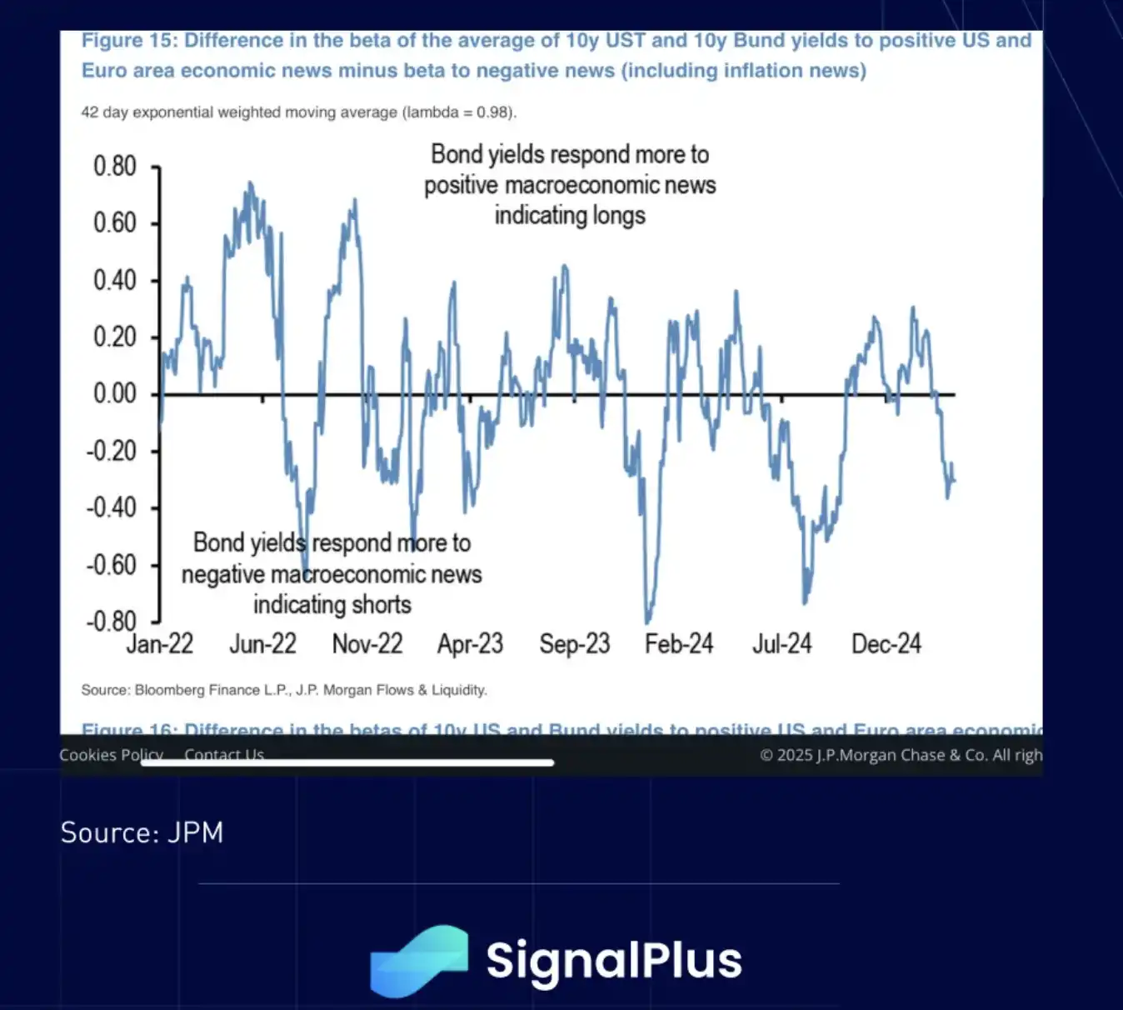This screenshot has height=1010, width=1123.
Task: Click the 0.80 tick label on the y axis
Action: (114, 167)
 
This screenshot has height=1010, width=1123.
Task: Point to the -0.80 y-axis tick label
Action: (111, 621)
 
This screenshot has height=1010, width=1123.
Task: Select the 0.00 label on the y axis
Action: (114, 393)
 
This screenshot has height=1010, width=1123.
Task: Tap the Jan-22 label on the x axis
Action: (160, 644)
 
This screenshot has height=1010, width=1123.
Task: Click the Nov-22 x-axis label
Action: (367, 644)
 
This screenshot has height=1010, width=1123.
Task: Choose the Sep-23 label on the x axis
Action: (574, 644)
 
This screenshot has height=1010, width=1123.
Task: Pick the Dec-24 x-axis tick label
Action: (886, 644)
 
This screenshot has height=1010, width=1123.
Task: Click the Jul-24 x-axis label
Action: (781, 644)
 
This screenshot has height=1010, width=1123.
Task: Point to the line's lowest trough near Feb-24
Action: (647, 622)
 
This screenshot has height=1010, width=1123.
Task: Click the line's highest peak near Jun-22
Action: (250, 183)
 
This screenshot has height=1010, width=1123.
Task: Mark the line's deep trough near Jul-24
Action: (805, 602)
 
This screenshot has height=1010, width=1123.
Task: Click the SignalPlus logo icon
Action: (419, 961)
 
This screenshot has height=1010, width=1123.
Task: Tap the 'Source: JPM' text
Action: (142, 832)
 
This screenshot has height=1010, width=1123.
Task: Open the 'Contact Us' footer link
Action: (224, 755)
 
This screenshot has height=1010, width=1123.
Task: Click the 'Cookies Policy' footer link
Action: (111, 755)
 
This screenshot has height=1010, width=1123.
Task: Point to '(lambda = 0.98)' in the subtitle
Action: (459, 112)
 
